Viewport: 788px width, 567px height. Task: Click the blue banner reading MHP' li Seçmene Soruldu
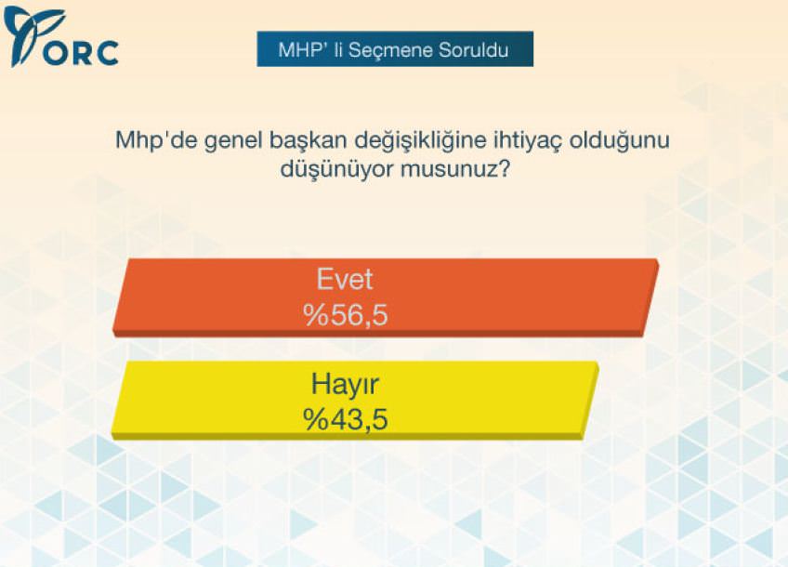395,49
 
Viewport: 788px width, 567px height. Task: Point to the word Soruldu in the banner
473,50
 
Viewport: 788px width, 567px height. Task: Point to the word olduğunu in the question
619,141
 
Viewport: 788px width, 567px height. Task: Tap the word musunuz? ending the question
455,170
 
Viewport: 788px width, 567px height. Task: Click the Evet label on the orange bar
345,279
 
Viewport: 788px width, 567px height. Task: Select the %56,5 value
346,315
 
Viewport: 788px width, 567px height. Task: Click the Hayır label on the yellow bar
345,385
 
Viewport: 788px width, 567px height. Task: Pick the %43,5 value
346,419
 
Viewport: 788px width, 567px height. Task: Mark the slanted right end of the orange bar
650,297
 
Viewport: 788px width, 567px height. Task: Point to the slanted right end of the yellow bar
590,401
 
